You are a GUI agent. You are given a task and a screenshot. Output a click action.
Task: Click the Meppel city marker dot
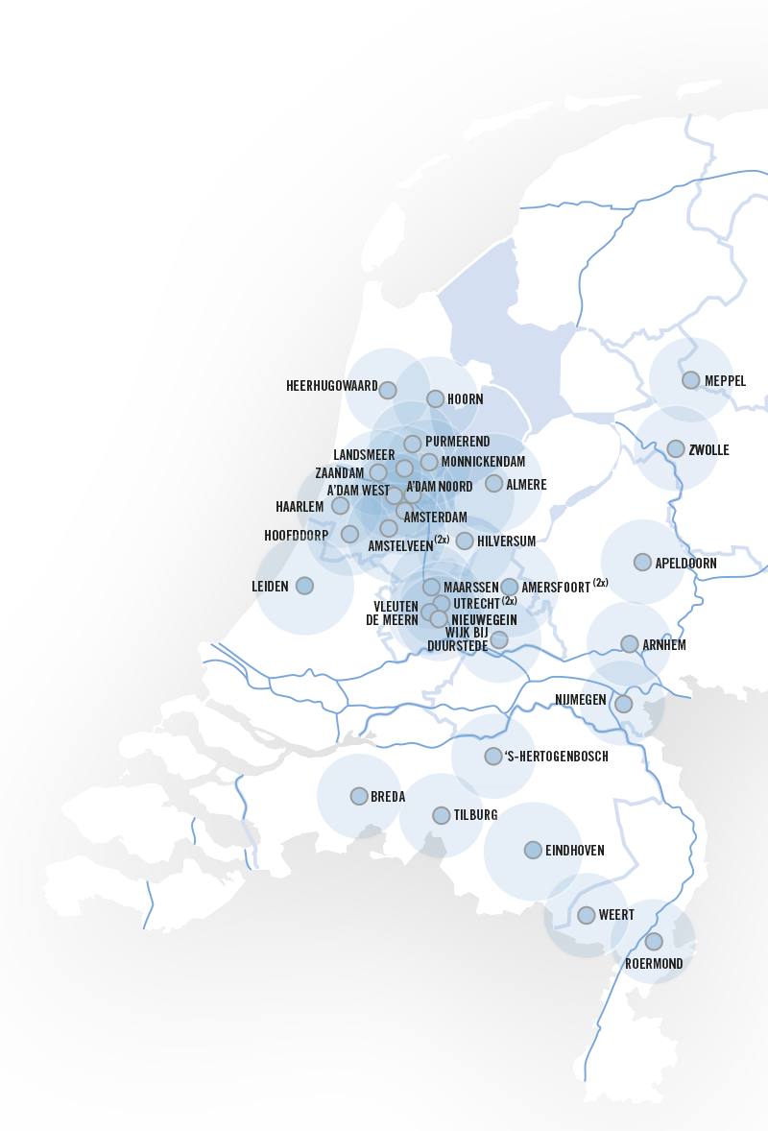[x=690, y=380]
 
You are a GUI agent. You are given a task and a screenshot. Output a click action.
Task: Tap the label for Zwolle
[x=708, y=450]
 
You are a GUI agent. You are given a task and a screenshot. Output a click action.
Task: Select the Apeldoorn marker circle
[x=642, y=562]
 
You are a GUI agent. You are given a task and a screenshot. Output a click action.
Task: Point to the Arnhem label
[x=664, y=645]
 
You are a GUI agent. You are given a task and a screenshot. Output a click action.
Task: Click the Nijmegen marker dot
[x=623, y=704]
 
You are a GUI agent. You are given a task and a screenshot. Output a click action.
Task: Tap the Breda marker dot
[x=359, y=796]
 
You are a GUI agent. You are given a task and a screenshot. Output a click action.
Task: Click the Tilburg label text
[x=475, y=815]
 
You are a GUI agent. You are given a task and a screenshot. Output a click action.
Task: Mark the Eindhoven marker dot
[x=533, y=850]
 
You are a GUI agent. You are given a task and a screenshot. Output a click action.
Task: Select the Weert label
[x=616, y=915]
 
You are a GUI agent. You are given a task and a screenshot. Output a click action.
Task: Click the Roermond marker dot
[x=654, y=941]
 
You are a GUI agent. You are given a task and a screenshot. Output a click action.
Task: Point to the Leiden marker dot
[x=304, y=586]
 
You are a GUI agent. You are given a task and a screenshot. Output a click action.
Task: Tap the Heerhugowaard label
[x=332, y=386]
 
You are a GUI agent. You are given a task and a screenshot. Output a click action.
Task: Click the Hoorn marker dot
[x=436, y=398]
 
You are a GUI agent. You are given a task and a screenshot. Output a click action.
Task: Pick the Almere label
[x=526, y=484]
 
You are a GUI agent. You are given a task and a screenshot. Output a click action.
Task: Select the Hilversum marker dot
[x=465, y=541]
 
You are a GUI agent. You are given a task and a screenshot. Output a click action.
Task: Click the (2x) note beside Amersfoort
[x=600, y=583]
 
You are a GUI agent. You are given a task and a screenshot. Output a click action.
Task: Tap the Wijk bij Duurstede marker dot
[x=499, y=639]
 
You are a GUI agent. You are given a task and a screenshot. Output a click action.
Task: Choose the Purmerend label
[x=457, y=442]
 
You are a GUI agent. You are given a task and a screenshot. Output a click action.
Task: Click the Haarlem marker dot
[x=340, y=506]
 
